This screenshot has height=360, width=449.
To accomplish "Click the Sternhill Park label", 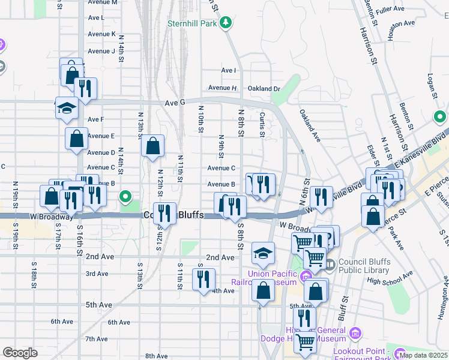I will click(191, 23).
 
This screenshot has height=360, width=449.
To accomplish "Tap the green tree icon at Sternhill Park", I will click(226, 23).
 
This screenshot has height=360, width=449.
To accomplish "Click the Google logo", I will click(20, 353).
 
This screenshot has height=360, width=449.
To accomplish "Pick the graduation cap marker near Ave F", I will click(67, 107).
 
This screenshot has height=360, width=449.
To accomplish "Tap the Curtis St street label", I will click(262, 124).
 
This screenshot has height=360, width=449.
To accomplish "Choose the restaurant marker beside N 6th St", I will click(321, 197).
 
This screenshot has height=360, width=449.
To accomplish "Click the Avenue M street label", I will click(102, 2).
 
